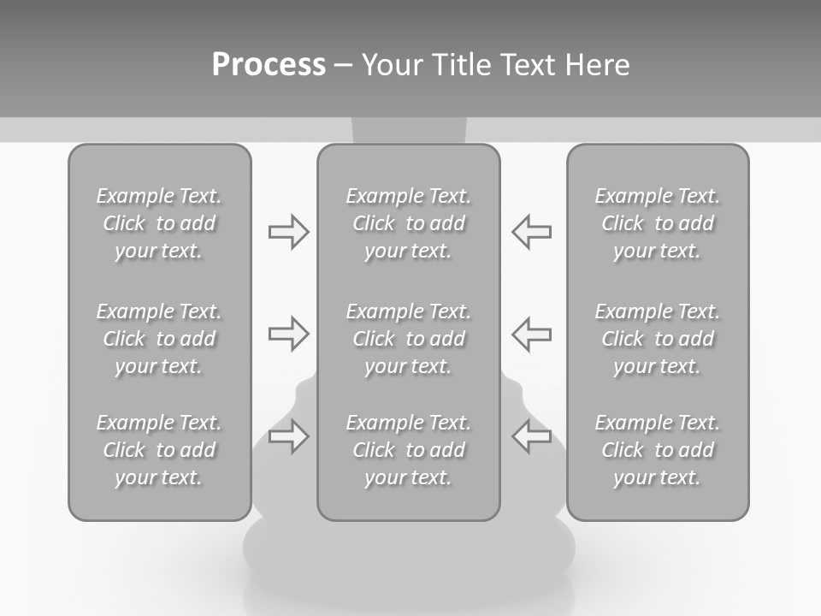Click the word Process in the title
click(x=269, y=65)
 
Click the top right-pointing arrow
click(x=288, y=232)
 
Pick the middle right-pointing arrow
click(x=288, y=334)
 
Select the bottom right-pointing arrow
click(x=288, y=436)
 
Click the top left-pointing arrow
click(x=532, y=232)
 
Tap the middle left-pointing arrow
click(x=532, y=334)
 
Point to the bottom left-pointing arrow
click(x=532, y=436)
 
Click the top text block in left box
click(x=159, y=223)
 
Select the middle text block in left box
click(x=159, y=339)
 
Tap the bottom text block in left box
click(x=159, y=450)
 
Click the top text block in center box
click(x=408, y=223)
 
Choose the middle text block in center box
click(x=408, y=339)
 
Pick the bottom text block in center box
click(x=408, y=450)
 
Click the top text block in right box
click(x=657, y=223)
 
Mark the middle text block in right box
click(x=657, y=339)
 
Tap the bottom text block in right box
click(x=657, y=450)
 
